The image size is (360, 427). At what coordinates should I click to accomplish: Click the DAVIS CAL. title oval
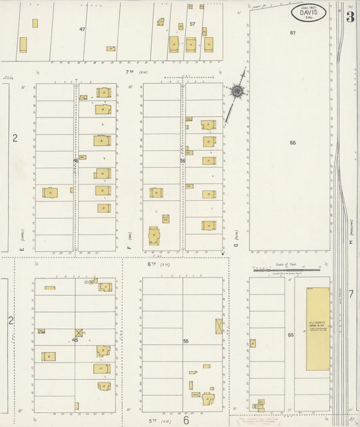(x=309, y=12)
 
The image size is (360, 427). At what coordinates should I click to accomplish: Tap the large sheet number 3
(x=350, y=17)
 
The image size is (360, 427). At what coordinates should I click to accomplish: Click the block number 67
(x=293, y=32)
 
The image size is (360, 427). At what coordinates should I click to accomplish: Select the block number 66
(x=293, y=143)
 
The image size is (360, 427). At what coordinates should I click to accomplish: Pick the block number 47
(x=82, y=29)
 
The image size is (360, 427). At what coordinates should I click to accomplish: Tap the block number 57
(x=192, y=24)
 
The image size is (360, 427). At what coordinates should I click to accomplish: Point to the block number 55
(x=185, y=341)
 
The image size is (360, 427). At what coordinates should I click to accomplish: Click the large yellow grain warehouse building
(x=317, y=329)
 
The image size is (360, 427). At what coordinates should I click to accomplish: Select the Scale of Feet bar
(x=288, y=270)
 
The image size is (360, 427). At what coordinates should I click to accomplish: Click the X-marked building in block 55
(x=219, y=326)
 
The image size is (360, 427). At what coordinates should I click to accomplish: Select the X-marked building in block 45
(x=79, y=332)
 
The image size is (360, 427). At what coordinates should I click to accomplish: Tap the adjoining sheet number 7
(x=351, y=294)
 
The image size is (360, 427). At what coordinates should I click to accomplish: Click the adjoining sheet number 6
(x=185, y=420)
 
